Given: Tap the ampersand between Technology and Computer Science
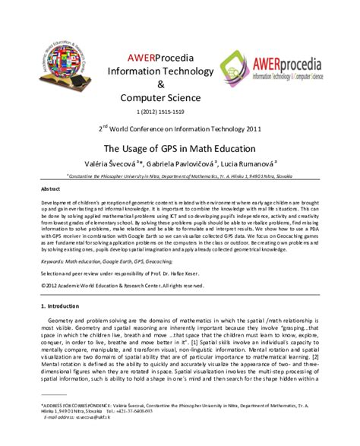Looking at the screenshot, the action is coord(159,84).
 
